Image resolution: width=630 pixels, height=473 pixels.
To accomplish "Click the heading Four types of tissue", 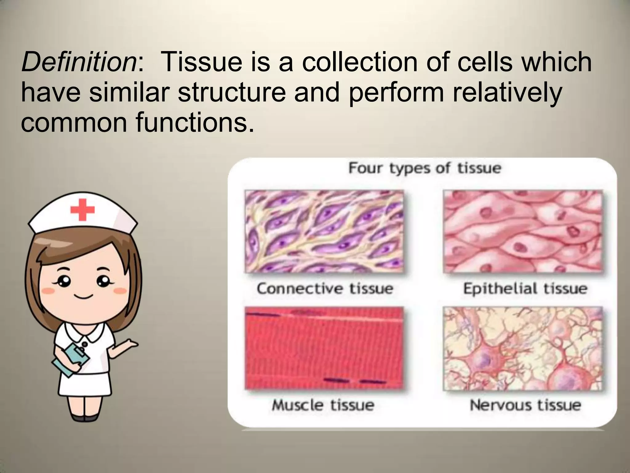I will coord(425,168).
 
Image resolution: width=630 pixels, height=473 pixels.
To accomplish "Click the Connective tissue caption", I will coord(325,289).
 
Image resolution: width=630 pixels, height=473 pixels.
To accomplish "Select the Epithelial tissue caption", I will coord(525,289).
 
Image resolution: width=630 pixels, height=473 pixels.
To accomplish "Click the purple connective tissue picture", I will coord(324,231).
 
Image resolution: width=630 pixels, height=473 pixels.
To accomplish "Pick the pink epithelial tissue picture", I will coord(522,231).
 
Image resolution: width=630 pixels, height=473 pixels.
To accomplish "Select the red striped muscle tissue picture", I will coord(324,348).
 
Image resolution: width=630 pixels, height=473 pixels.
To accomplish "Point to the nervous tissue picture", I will coord(522,348).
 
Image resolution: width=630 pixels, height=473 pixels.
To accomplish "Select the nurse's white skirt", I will coord(85,383).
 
